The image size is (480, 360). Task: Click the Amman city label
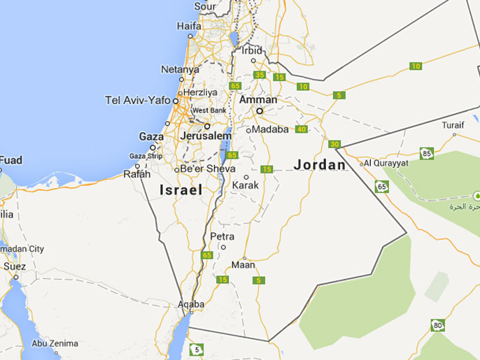[x=258, y=100]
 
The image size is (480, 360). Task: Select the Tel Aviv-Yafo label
[x=137, y=100]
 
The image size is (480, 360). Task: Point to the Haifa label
[x=189, y=27]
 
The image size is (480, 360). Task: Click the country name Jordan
[x=320, y=165]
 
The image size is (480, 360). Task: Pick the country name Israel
[x=181, y=189]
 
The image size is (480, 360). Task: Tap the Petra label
[x=223, y=236]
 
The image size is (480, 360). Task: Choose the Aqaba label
[x=191, y=304]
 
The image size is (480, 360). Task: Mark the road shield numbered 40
[x=302, y=129]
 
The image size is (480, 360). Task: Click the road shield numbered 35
[x=260, y=75]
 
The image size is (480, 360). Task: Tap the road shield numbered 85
[x=427, y=153]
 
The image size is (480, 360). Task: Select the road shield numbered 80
[x=438, y=325]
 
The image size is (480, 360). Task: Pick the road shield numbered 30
[x=334, y=144]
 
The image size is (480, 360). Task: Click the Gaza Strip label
[x=146, y=156]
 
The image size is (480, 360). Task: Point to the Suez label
[x=14, y=266]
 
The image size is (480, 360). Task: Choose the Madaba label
[x=270, y=129]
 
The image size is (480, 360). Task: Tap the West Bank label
[x=209, y=110]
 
